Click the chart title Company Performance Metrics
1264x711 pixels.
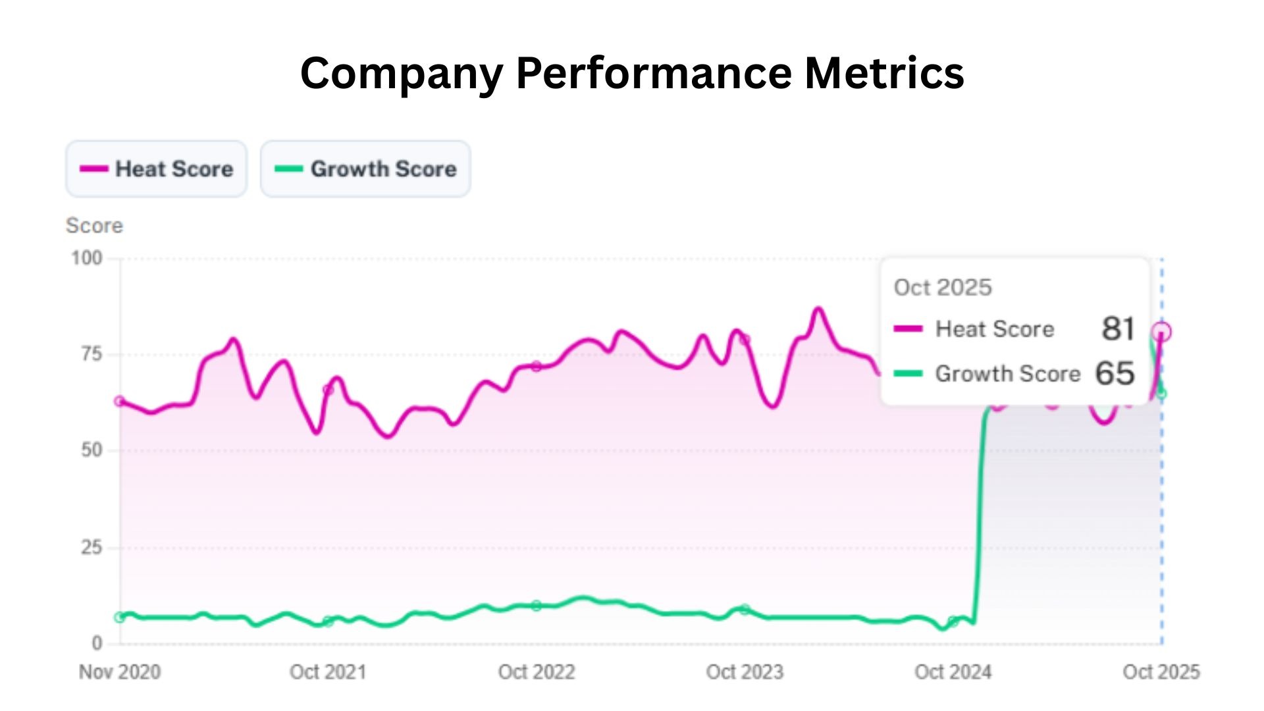pyautogui.click(x=632, y=72)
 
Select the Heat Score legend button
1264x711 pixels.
pyautogui.click(x=157, y=169)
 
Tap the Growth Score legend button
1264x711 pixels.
pyautogui.click(x=365, y=169)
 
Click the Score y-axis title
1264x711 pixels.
pyautogui.click(x=94, y=226)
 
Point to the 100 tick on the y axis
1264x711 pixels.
pyautogui.click(x=87, y=258)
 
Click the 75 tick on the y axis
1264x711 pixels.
pyautogui.click(x=92, y=355)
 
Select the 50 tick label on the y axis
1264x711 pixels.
pyautogui.click(x=92, y=451)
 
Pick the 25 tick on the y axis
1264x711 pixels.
pyautogui.click(x=92, y=547)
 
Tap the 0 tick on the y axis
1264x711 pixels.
pyautogui.click(x=97, y=643)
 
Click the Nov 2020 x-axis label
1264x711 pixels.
pyautogui.click(x=120, y=672)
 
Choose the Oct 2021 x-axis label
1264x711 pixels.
pyautogui.click(x=328, y=672)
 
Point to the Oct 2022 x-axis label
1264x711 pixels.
pyautogui.click(x=537, y=672)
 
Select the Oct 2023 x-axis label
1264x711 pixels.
pyautogui.click(x=745, y=672)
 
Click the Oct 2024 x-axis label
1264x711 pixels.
pyautogui.click(x=953, y=672)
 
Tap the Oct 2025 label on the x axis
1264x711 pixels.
pyautogui.click(x=1161, y=672)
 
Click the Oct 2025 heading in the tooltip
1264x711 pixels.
pyautogui.click(x=943, y=288)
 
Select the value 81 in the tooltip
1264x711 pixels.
pyautogui.click(x=1118, y=329)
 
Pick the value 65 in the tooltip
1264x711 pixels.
pyautogui.click(x=1115, y=373)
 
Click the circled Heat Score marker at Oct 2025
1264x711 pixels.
pyautogui.click(x=1162, y=332)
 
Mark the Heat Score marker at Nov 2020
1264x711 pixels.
pyautogui.click(x=119, y=401)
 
